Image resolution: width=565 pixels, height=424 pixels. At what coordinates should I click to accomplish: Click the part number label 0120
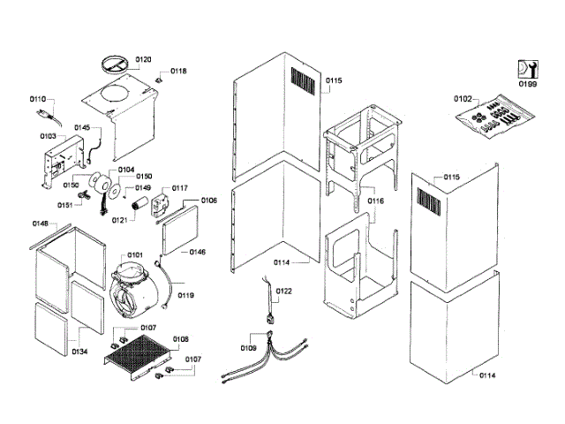tap(143, 59)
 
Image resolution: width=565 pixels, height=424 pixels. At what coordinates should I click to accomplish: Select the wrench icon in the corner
tap(527, 68)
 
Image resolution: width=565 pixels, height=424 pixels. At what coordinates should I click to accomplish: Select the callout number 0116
tap(376, 201)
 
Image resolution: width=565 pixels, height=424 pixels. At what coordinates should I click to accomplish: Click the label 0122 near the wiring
tap(283, 291)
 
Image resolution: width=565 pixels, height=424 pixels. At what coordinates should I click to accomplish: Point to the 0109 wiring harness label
tap(249, 349)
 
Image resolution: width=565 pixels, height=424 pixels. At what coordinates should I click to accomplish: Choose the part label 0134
tap(79, 352)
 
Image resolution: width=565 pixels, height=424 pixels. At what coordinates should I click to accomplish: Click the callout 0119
tap(186, 296)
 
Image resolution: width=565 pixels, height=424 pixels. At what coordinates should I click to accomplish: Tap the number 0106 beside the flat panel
tap(209, 201)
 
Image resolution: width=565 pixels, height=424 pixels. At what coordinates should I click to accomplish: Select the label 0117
tap(180, 188)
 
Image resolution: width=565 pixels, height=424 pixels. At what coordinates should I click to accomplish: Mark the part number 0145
tap(82, 127)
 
